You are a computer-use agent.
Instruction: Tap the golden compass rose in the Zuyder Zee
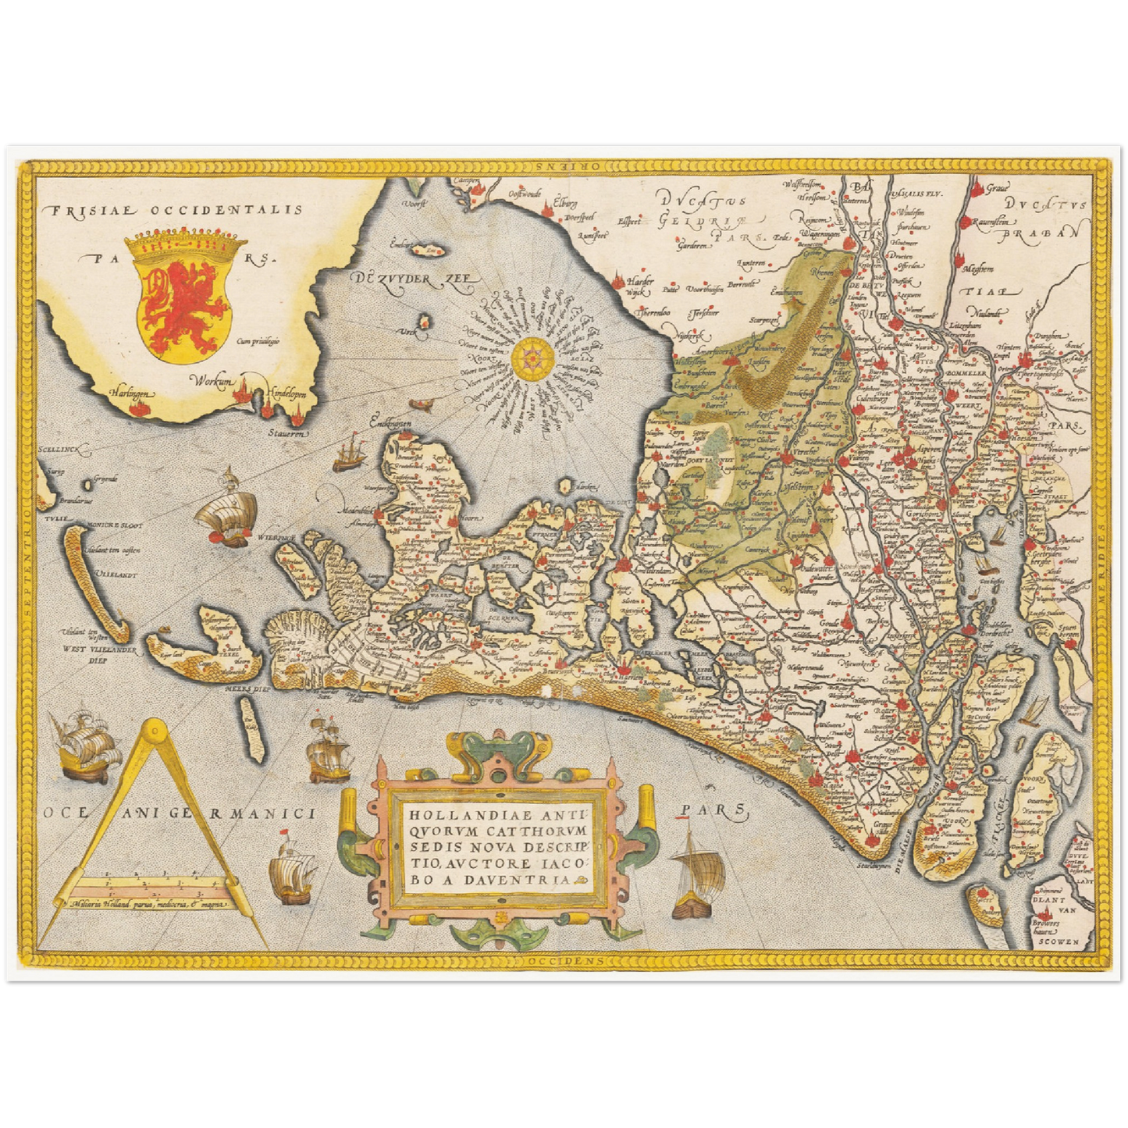(533, 358)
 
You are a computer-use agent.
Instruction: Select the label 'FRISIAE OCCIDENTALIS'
(173, 209)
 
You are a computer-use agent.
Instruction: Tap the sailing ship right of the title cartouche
(692, 873)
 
